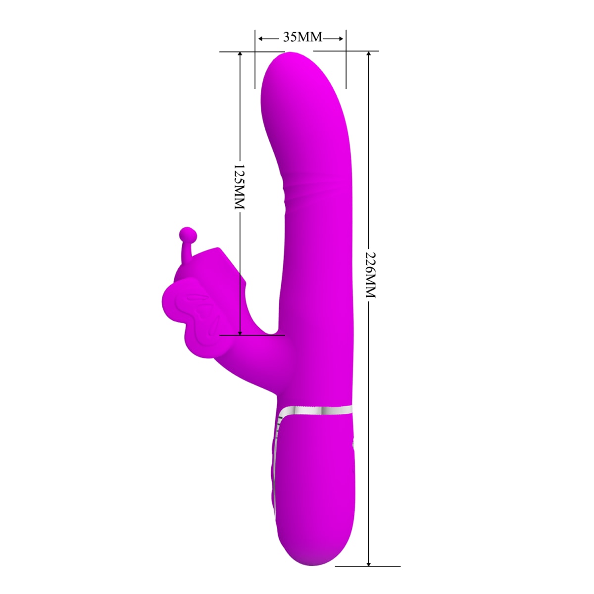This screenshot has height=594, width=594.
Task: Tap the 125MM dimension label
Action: point(240,187)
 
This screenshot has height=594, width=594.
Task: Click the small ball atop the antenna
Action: point(187,232)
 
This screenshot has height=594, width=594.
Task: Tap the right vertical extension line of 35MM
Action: point(346,59)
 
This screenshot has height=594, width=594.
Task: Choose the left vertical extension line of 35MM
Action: point(255,59)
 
